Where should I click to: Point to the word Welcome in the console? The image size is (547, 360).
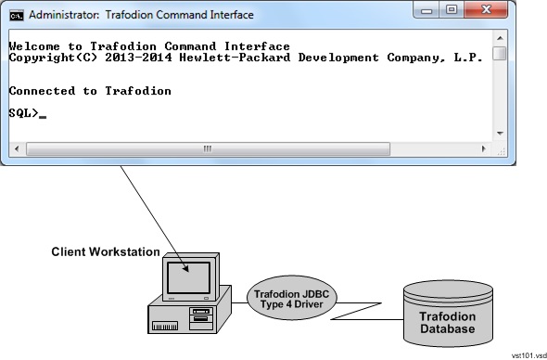coord(34,46)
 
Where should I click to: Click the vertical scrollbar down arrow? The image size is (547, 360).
coord(499,133)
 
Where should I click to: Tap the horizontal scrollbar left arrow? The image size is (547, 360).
coord(15,148)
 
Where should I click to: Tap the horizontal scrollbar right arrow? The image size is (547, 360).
coord(485,148)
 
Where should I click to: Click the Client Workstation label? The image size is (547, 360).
coord(105,251)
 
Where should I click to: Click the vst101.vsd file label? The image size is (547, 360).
coord(528,354)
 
